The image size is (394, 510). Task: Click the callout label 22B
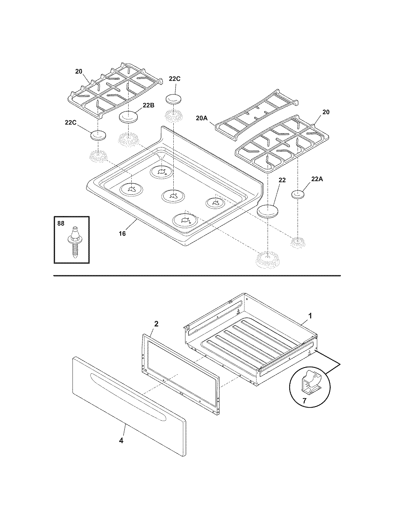click(x=148, y=105)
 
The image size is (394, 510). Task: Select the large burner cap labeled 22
click(x=268, y=211)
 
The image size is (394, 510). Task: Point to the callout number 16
click(x=122, y=233)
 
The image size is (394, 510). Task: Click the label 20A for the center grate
click(x=201, y=118)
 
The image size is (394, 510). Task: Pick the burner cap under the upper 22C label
click(x=175, y=99)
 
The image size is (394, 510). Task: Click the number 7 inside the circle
click(x=304, y=401)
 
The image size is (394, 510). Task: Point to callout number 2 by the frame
click(x=156, y=324)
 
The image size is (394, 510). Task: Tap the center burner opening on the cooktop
click(x=173, y=195)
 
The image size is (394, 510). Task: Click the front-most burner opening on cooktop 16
click(x=184, y=220)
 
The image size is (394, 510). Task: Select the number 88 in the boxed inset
click(x=61, y=223)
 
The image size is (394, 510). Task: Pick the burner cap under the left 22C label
click(x=98, y=135)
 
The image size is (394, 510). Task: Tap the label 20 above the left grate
click(x=79, y=71)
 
